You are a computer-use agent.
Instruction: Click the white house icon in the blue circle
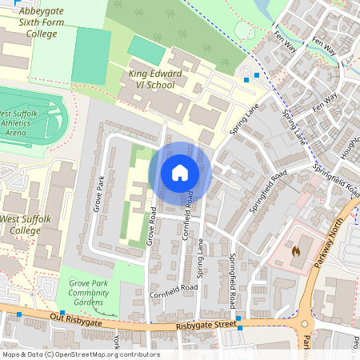pyautogui.click(x=180, y=172)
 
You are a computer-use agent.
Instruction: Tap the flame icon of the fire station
pyautogui.click(x=295, y=250)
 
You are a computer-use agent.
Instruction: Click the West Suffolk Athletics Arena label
pyautogui.click(x=26, y=124)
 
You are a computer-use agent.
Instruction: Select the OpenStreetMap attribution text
pyautogui.click(x=80, y=354)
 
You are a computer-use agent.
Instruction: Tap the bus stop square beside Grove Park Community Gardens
pyautogui.click(x=62, y=313)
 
